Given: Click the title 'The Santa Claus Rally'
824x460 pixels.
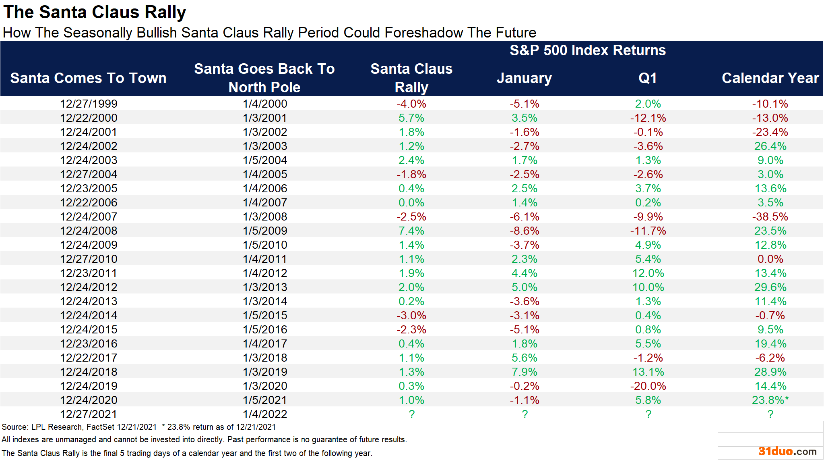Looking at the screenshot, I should pos(95,12).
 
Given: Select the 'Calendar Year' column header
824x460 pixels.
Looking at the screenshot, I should pos(770,78).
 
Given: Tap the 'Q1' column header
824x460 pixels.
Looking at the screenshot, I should pos(648,78).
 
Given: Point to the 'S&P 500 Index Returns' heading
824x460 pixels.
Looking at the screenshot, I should pos(587,50).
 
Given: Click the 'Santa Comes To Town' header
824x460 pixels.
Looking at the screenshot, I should pos(88,78).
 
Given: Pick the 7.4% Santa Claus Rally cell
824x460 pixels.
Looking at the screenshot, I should pos(411,231).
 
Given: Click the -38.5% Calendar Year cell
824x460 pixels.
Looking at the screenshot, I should pos(770,216).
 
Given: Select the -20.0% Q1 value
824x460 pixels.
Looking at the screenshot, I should pos(648,386).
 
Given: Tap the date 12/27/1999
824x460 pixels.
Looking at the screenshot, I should pos(89,104).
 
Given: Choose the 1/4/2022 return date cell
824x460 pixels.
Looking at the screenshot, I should pos(265,414).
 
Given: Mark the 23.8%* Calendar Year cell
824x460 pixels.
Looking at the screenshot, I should pos(770,400).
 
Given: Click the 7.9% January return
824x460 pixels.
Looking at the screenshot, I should pos(525,372).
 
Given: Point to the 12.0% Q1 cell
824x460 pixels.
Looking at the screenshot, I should pos(648,273).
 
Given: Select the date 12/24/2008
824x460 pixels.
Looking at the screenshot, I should pos(89,231).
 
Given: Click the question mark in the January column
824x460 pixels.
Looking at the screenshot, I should pos(525,414).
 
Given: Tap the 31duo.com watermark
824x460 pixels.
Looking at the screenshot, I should pos(787,451).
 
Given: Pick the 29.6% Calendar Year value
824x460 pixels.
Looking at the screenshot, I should pos(770,287).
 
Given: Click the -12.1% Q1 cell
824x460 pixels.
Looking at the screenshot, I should pos(648,118).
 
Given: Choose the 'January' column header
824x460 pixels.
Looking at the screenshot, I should pos(524,78).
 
